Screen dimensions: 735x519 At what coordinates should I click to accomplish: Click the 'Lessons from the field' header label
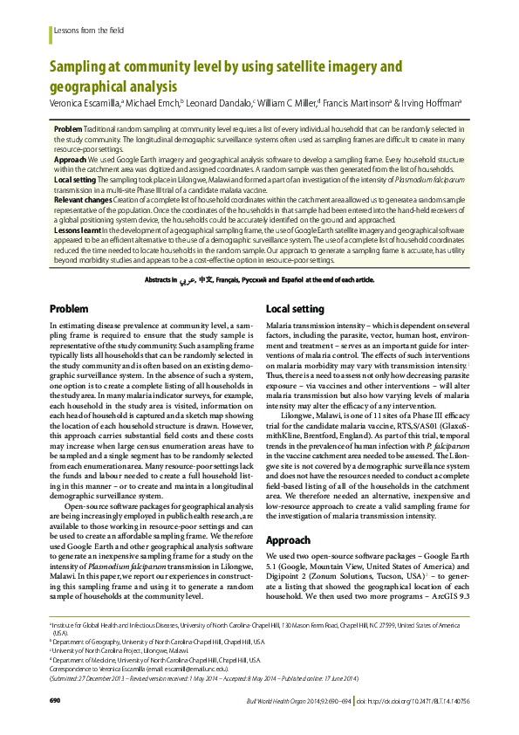(x=89, y=30)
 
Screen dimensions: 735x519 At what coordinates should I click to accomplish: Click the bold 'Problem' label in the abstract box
(x=68, y=128)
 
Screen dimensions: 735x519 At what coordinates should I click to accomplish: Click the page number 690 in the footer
(x=54, y=701)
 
